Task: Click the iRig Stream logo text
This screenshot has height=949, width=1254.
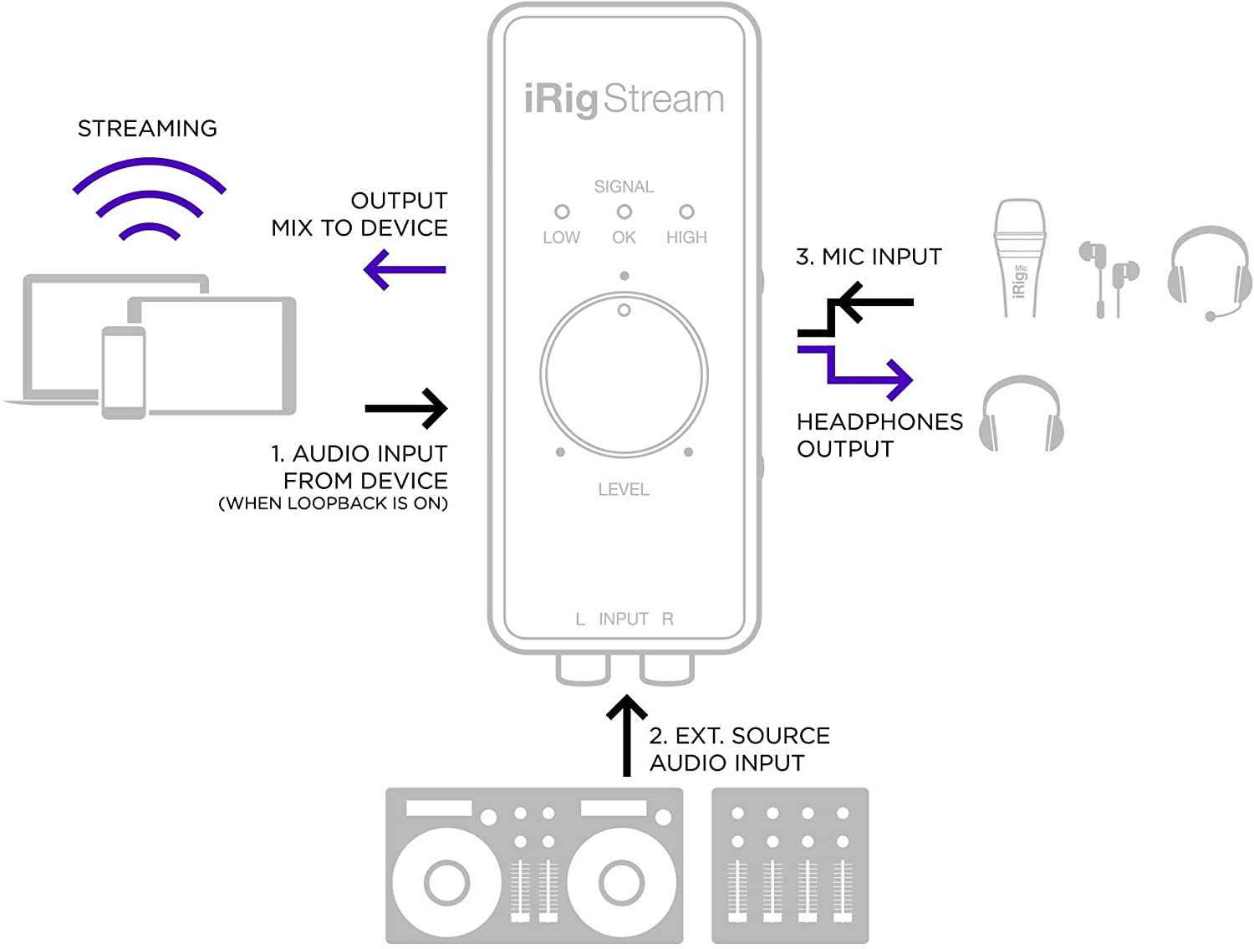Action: click(x=624, y=99)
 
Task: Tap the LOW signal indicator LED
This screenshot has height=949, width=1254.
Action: click(x=562, y=212)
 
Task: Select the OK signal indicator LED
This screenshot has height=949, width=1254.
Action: click(x=624, y=212)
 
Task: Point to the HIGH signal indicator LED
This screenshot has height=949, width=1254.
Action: click(x=686, y=212)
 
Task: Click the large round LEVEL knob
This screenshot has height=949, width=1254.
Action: click(x=624, y=375)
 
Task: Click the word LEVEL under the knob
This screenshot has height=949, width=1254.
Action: click(x=624, y=490)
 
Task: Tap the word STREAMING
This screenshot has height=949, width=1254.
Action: click(x=147, y=129)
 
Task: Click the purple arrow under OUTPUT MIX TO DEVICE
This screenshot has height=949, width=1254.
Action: click(x=405, y=269)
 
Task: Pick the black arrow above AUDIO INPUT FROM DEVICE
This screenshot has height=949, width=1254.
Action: click(x=406, y=409)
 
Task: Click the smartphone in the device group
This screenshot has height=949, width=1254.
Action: click(x=124, y=373)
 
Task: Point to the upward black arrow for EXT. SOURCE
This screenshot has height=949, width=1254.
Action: click(x=626, y=736)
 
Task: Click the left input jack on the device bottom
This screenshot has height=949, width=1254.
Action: click(x=583, y=669)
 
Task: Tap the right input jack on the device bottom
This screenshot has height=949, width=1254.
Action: click(x=666, y=669)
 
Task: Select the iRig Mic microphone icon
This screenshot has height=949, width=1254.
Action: click(x=1019, y=258)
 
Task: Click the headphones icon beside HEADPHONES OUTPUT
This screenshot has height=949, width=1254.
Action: click(x=1022, y=414)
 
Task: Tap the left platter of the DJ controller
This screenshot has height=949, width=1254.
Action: click(x=446, y=881)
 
